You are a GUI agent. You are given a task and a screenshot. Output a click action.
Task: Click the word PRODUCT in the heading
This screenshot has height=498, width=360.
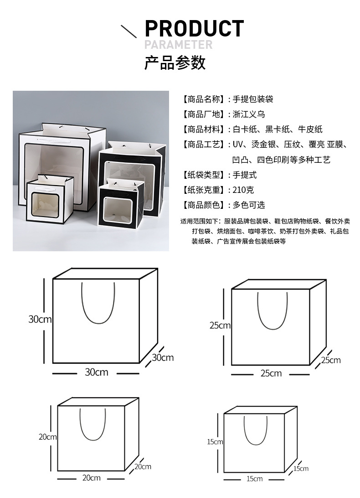(194, 28)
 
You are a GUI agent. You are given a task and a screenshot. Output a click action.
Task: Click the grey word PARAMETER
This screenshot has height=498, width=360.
(178, 45)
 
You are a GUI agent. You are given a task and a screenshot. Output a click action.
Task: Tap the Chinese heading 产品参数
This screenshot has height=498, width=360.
(175, 62)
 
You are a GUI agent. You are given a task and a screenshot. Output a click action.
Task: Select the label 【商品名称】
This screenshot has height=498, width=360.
(202, 99)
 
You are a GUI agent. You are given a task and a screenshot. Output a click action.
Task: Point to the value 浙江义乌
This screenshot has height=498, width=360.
(249, 114)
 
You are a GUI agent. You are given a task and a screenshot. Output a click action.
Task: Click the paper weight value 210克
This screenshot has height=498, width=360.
(243, 190)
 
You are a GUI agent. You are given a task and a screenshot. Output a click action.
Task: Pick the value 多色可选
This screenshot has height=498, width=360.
(249, 205)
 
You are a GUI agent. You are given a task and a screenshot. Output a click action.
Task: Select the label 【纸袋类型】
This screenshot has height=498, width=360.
(202, 175)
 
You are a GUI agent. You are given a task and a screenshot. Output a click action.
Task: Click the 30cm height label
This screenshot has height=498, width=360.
(40, 319)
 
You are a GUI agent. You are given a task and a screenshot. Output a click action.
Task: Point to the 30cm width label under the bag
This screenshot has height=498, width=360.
(97, 372)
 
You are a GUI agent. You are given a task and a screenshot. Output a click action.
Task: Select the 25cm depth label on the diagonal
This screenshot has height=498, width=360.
(331, 360)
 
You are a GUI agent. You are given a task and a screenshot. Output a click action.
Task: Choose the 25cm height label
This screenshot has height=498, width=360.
(220, 325)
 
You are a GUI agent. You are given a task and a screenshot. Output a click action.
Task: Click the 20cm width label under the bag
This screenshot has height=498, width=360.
(91, 477)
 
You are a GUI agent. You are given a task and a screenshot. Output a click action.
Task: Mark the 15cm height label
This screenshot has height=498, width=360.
(215, 441)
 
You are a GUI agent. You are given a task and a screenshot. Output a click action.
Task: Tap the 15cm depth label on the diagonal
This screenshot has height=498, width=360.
(301, 468)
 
